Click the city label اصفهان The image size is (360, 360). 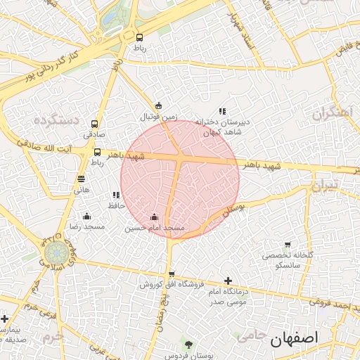[294, 338]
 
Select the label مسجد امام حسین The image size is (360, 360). [155, 228]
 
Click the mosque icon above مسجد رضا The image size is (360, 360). [86, 216]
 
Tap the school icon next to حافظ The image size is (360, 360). [115, 195]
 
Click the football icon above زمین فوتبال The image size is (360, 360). [158, 105]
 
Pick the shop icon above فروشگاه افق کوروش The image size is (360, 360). [172, 274]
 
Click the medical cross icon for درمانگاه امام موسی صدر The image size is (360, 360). [228, 281]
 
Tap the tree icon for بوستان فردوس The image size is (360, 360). [188, 344]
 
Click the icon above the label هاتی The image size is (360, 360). [82, 179]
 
